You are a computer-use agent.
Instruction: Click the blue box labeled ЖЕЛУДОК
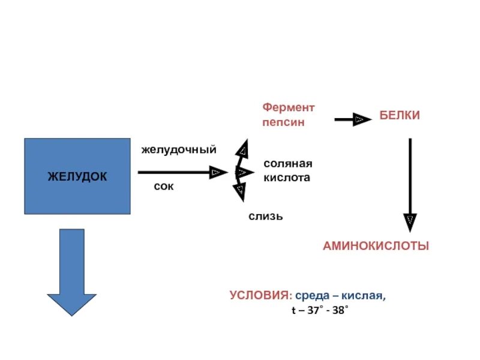tap(77, 176)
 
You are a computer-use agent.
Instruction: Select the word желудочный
tap(178, 149)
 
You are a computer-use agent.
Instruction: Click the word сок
tap(163, 187)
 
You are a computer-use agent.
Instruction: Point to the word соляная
tap(288, 163)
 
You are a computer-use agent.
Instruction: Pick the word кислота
tap(287, 178)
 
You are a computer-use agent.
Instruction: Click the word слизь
tap(266, 216)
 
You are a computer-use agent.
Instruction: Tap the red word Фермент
tap(288, 107)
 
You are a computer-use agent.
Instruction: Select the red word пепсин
tap(283, 122)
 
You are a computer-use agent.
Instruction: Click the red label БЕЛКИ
tap(399, 116)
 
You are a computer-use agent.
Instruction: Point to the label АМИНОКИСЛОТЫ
tap(376, 246)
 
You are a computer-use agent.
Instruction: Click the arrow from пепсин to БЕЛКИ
tap(352, 119)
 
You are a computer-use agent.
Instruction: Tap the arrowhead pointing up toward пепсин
tap(242, 148)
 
